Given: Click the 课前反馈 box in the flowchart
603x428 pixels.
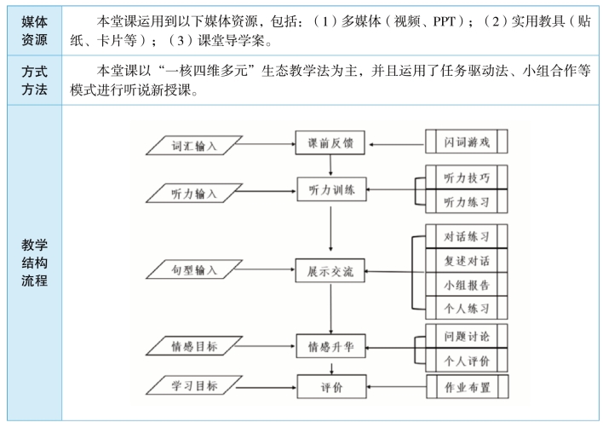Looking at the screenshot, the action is click(x=330, y=142).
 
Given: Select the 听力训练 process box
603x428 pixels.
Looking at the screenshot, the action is click(x=331, y=189).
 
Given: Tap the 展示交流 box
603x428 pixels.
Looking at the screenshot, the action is click(x=330, y=270).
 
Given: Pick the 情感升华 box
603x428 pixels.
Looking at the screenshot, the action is click(x=330, y=346).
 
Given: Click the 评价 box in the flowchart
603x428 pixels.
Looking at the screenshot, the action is click(x=331, y=386).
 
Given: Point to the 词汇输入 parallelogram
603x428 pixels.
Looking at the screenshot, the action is click(x=194, y=146).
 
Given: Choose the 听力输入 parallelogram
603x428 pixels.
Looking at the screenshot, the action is click(x=194, y=193).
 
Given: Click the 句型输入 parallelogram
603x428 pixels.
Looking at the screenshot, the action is click(x=194, y=269).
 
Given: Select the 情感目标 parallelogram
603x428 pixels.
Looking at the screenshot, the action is click(x=194, y=345).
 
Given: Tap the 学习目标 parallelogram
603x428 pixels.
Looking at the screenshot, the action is click(x=194, y=385).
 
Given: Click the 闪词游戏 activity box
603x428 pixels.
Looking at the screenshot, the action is click(x=467, y=142).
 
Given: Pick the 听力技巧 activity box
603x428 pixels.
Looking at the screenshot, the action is click(x=467, y=177).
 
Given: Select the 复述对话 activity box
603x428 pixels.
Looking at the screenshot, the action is click(x=467, y=261).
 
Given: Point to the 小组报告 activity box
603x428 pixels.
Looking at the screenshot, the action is click(x=467, y=285).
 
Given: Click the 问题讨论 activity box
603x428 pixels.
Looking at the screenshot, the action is click(x=467, y=336).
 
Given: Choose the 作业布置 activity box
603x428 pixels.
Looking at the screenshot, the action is click(x=468, y=386).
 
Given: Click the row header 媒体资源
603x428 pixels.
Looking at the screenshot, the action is click(x=34, y=31).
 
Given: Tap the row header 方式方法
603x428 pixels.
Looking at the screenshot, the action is click(x=34, y=80).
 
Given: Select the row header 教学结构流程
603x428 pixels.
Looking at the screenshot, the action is click(x=34, y=263).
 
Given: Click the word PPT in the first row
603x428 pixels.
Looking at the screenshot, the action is click(x=445, y=20).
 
